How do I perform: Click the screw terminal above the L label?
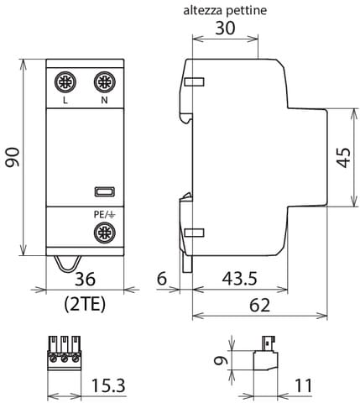coord(65,82)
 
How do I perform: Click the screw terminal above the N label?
coord(104,82)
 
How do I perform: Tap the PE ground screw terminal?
coord(104,232)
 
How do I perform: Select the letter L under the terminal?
coord(65,102)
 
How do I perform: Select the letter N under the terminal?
coord(104,102)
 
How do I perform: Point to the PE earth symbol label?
coord(103,214)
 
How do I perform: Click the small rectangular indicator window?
coord(103,192)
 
